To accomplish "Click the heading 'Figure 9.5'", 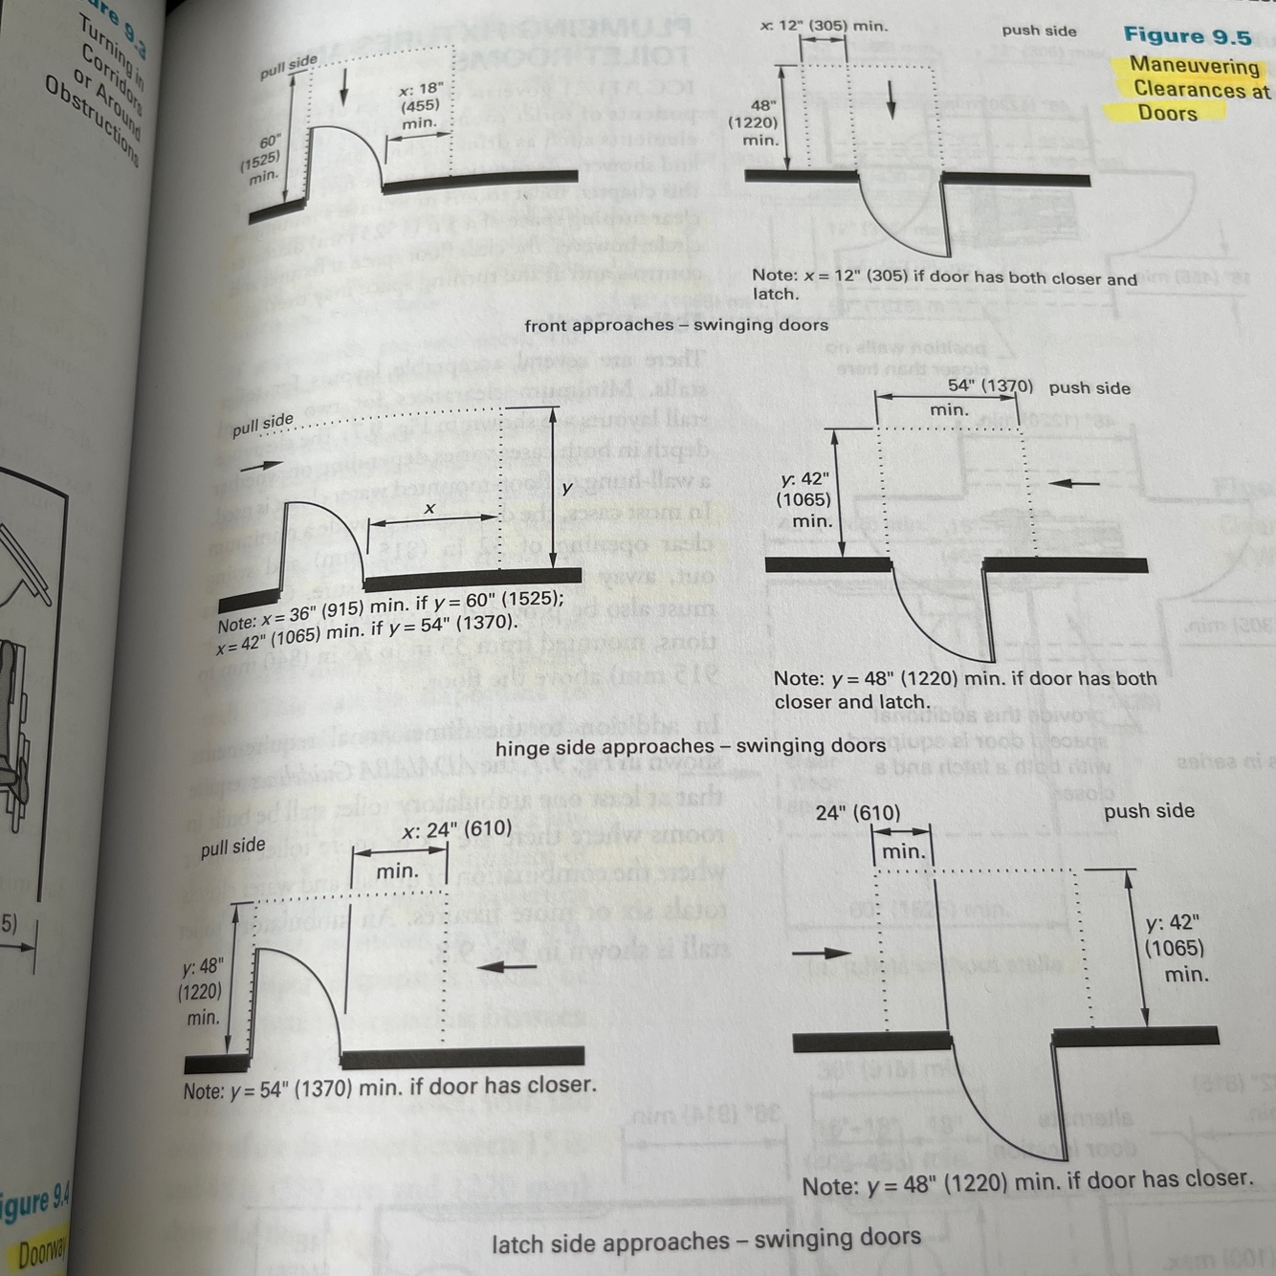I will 1187,36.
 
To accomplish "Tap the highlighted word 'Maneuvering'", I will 1195,66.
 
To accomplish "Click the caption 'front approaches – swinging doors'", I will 676,325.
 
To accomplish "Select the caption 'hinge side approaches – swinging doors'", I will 691,746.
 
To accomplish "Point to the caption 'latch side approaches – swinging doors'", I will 707,1241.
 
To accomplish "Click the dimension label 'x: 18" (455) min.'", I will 420,105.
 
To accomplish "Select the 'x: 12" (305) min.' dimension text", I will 824,26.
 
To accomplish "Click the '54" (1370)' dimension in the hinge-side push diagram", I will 990,386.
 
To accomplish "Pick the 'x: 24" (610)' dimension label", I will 457,828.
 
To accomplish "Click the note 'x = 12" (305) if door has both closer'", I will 944,279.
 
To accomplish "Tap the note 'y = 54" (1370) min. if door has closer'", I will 389,1088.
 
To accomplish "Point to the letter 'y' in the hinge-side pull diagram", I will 567,489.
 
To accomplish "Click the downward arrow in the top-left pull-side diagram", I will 344,87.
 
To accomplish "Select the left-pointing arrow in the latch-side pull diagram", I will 506,966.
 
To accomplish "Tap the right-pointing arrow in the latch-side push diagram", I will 822,953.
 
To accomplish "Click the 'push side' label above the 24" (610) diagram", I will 1149,811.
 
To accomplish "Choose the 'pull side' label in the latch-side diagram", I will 232,847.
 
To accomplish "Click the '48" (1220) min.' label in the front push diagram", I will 760,122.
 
